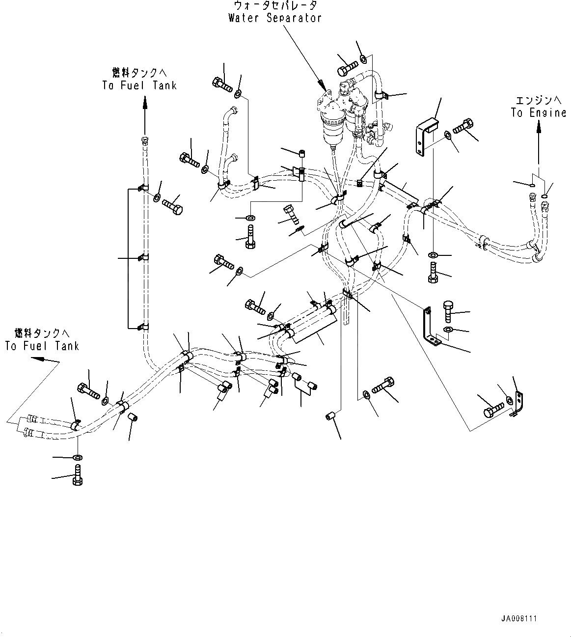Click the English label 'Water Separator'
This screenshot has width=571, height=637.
pos(274,18)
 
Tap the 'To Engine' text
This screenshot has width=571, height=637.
pos(538,113)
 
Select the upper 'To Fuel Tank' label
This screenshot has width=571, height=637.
pos(139,85)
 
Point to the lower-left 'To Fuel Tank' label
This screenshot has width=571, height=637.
pos(42,346)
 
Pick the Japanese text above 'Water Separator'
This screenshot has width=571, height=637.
pos(275,6)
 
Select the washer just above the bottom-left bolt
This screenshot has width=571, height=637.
pos(78,458)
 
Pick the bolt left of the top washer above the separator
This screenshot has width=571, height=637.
pos(348,66)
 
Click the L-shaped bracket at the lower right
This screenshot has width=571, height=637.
pos(430,327)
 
